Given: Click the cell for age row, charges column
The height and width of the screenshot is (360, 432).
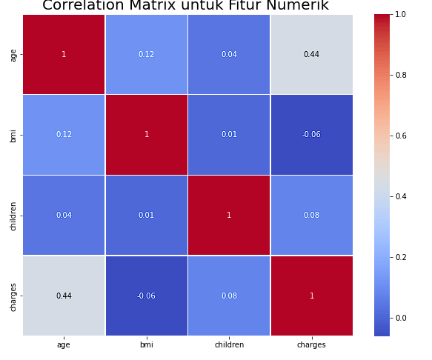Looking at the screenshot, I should pos(311,54).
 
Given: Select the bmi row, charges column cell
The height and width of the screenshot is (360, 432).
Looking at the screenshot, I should pos(311,135).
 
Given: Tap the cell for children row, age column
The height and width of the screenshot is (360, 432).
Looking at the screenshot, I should pos(64,215).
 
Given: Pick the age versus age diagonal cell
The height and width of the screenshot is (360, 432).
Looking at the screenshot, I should pos(64,54).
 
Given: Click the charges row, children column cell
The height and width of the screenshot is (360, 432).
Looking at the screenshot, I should pos(229,296).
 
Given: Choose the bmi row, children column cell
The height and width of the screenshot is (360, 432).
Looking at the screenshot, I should pos(229,135).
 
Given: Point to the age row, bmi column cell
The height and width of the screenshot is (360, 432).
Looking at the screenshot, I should pos(146,54).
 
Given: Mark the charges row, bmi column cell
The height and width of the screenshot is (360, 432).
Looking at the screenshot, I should pos(146,296).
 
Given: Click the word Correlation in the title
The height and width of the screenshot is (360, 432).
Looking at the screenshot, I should pos(89,6).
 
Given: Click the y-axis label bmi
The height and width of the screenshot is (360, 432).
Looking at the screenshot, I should pos(13,135).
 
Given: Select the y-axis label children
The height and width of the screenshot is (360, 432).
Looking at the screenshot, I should pos(13,215).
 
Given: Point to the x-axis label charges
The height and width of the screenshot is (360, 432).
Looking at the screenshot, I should pos(311,344).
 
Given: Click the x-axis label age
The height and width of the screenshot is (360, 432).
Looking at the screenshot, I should pos(64,344).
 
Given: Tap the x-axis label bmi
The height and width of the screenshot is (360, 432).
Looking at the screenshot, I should pos(146,344).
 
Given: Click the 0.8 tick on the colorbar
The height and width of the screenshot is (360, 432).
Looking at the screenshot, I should pos(400,75).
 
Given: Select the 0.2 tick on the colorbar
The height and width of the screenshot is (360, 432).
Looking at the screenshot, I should pos(400,257).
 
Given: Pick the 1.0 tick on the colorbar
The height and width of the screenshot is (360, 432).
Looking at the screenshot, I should pos(400,14).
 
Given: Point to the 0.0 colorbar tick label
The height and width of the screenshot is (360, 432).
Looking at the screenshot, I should pos(400,318).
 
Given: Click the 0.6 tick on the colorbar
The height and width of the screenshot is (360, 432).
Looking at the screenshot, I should pos(400,136).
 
